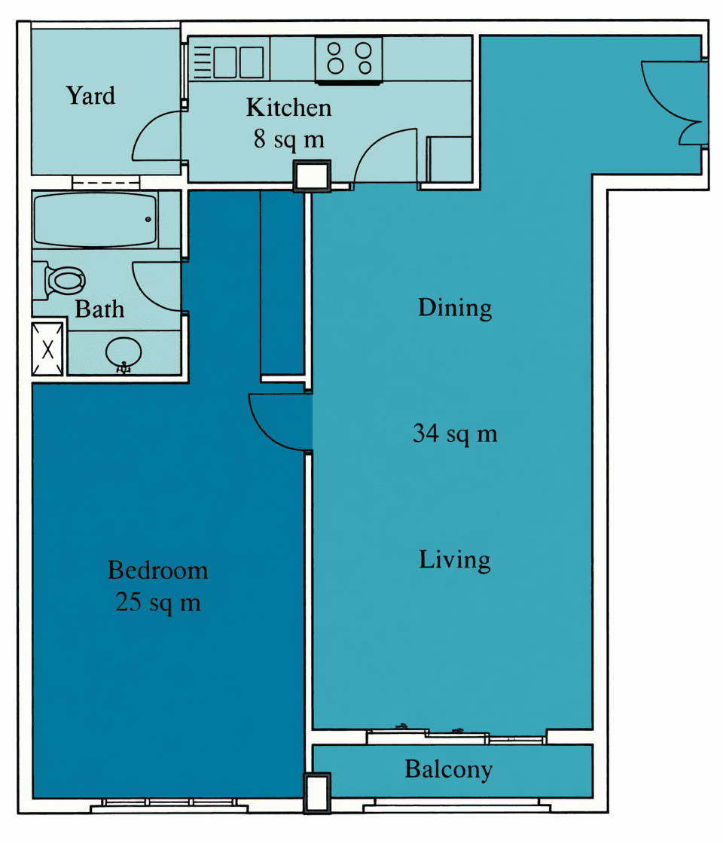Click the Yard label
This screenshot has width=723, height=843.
(90, 96)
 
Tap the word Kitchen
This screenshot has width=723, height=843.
(289, 108)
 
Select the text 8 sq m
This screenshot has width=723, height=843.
(289, 139)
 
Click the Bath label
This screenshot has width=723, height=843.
(99, 309)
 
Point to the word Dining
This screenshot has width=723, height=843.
(455, 308)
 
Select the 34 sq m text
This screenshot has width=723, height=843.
(455, 434)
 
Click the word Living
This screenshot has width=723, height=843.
(455, 560)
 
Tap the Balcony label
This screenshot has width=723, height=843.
(449, 769)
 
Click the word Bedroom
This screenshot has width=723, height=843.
(157, 571)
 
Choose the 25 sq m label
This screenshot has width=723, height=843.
(158, 602)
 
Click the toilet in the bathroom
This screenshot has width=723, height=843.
(59, 280)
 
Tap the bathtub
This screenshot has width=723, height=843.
(96, 220)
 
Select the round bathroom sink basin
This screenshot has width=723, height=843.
(124, 355)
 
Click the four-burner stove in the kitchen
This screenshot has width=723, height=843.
(349, 59)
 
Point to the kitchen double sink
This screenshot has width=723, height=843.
(239, 62)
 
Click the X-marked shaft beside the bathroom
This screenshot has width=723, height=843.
(48, 349)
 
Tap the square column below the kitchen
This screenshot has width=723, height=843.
(312, 176)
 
